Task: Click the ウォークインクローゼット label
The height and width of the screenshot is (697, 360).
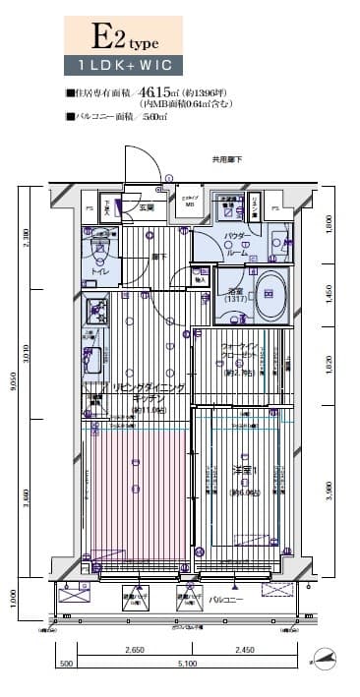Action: [x=239, y=351]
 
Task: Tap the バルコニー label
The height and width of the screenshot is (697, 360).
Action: [x=227, y=599]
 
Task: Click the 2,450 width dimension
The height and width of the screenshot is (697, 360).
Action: [x=244, y=651]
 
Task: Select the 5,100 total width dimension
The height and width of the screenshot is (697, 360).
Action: [x=185, y=665]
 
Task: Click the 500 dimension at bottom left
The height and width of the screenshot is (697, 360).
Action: [x=66, y=665]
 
